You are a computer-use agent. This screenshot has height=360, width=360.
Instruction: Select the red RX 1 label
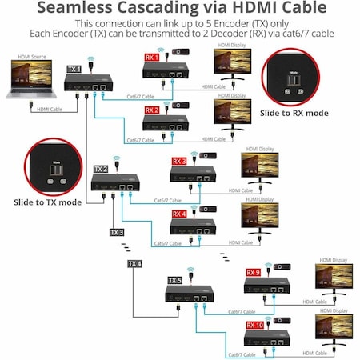coord(151,58)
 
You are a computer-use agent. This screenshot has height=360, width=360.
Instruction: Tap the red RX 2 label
coord(151,110)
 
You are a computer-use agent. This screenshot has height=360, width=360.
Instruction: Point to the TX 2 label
coord(101,170)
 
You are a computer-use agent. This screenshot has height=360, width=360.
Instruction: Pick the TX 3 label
coord(117,233)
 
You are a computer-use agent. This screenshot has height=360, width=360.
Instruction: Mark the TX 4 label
coord(134,263)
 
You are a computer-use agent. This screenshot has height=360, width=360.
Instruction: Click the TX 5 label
coord(175,281)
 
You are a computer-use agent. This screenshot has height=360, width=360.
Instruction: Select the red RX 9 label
coord(254,272)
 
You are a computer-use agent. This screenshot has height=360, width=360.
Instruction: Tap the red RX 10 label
coord(255,326)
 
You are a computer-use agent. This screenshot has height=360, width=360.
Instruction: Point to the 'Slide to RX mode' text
coord(295,113)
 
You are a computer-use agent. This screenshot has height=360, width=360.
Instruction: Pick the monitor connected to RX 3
coord(261,167)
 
